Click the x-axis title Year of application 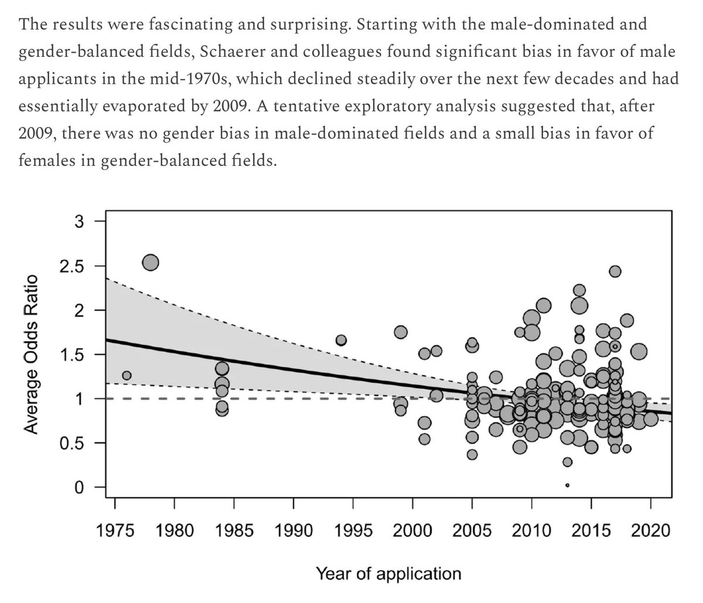pos(388,573)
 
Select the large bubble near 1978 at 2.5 pos(151,263)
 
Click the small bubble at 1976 pos(127,375)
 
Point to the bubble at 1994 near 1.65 pos(341,340)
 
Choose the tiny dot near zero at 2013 pos(568,485)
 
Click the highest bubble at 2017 pos(615,271)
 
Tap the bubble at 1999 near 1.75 pos(401,332)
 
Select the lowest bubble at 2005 pos(472,455)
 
